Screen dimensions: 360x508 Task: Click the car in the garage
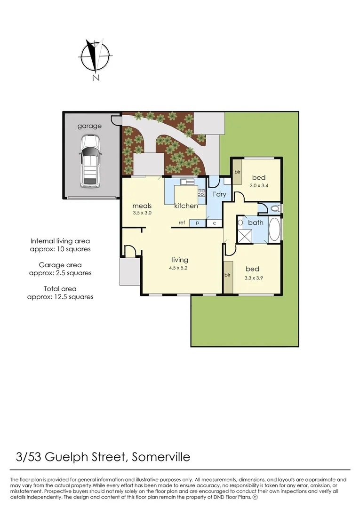coord(89,161)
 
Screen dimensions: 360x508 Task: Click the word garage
coord(89,126)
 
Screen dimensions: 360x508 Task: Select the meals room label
coord(142,206)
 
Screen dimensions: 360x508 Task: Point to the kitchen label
coord(186,206)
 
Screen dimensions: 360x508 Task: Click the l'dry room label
coord(219,194)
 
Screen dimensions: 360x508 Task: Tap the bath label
coord(256,222)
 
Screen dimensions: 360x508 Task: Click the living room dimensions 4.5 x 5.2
coord(178,268)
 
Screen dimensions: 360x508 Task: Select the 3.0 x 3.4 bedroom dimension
coord(259,186)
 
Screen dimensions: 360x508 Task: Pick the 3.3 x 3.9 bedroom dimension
coord(253,278)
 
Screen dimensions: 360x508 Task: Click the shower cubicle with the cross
coord(245,236)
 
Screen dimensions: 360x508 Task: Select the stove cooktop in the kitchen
coord(201,193)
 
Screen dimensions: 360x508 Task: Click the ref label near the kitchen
coord(182,222)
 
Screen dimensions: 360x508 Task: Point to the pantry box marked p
coord(197,223)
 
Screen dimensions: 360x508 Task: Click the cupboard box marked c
coord(215,223)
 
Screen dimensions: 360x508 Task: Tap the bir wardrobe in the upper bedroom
coord(238,172)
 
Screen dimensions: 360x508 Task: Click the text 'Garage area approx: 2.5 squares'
coord(60,269)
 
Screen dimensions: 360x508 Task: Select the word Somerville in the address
coord(161,457)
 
